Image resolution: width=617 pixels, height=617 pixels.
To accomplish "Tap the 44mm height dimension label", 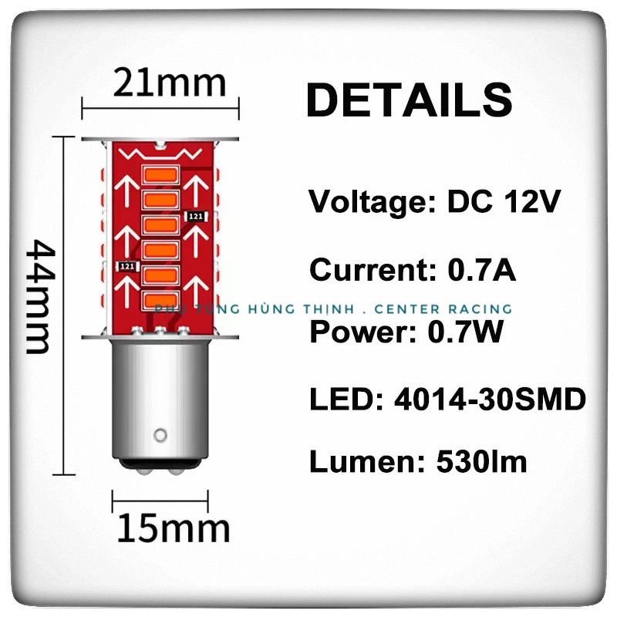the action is pos(39,296).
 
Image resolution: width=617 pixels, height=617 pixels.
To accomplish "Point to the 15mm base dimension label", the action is pos(174,528).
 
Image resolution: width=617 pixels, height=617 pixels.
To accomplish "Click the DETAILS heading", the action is pos(409,99).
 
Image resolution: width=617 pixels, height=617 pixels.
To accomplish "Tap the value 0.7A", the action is pos(481,271).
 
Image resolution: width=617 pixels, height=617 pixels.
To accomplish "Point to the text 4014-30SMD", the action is pos(490,400).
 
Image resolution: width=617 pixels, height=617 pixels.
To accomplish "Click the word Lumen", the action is pos(358,462).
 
